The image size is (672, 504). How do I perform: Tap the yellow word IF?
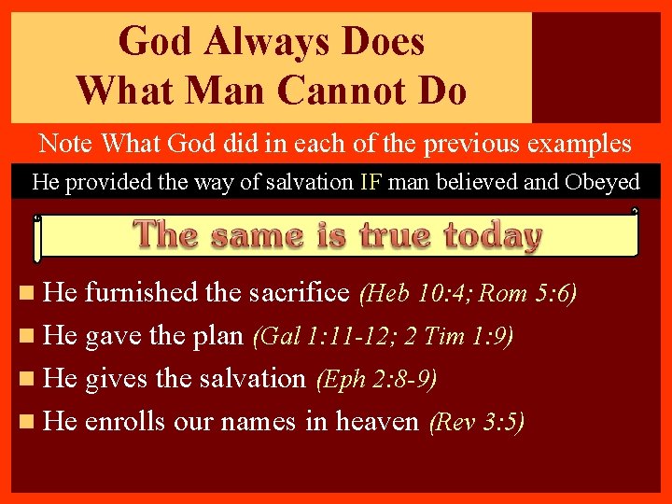click(x=371, y=181)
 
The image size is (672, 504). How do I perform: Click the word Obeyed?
click(x=602, y=181)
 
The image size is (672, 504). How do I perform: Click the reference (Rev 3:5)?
click(x=476, y=423)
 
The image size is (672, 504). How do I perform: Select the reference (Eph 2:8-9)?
click(x=376, y=380)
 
